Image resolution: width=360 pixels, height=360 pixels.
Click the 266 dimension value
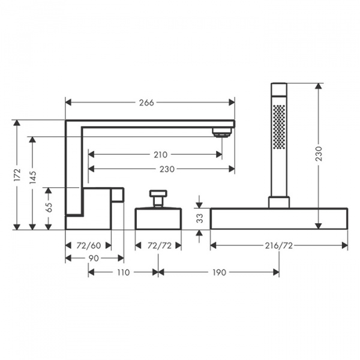coord(146,103)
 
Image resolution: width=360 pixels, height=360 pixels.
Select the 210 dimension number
coord(160,155)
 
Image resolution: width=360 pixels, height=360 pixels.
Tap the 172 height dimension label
coord(17,175)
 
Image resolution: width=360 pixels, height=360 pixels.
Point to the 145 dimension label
coord(32,177)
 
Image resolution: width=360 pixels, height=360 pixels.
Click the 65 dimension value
coord(49,207)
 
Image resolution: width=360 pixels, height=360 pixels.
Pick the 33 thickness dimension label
coord(200,218)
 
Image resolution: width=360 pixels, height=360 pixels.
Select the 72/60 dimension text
coord(89,245)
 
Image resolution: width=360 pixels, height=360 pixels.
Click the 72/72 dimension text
coord(160,245)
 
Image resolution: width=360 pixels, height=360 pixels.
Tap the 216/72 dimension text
coord(279,245)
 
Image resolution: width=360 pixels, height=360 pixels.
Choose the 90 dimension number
coord(94,258)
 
